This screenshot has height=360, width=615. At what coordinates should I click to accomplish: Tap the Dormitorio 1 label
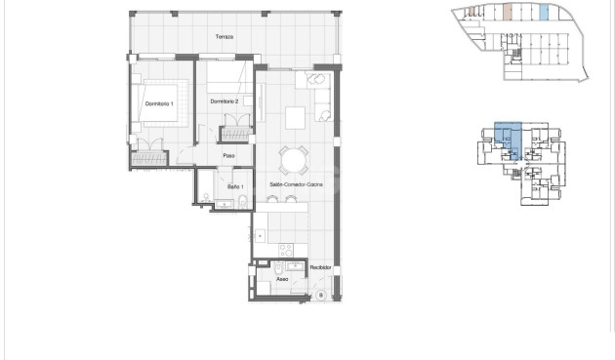[158, 103]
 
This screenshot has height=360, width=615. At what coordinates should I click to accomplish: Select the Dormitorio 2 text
[225, 100]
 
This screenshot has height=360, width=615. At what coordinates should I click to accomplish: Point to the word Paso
[228, 156]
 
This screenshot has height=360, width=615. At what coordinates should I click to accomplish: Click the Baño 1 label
[235, 185]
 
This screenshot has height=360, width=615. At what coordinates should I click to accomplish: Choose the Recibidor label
[321, 267]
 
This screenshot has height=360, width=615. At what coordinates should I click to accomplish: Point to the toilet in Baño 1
[242, 202]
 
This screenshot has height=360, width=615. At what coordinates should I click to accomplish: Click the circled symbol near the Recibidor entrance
[319, 296]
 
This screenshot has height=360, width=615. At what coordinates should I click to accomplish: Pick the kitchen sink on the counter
[260, 235]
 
